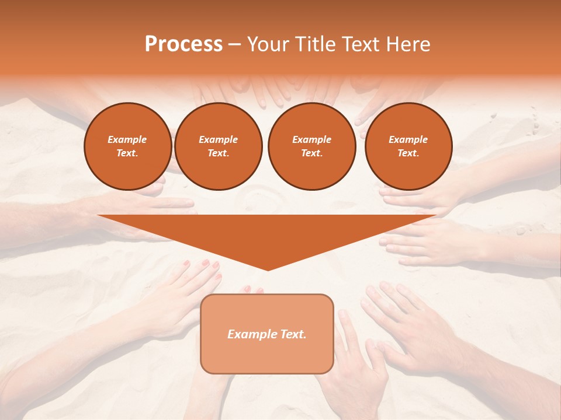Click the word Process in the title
point(183,44)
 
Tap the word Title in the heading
point(314,44)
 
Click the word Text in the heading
point(359,44)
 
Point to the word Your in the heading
point(269,44)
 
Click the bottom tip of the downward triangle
point(268,269)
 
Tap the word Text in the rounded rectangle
point(293,334)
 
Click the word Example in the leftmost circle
point(127,140)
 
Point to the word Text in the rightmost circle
point(408,153)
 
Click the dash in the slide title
point(234,44)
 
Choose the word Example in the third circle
point(311,140)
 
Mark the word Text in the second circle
point(218,153)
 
